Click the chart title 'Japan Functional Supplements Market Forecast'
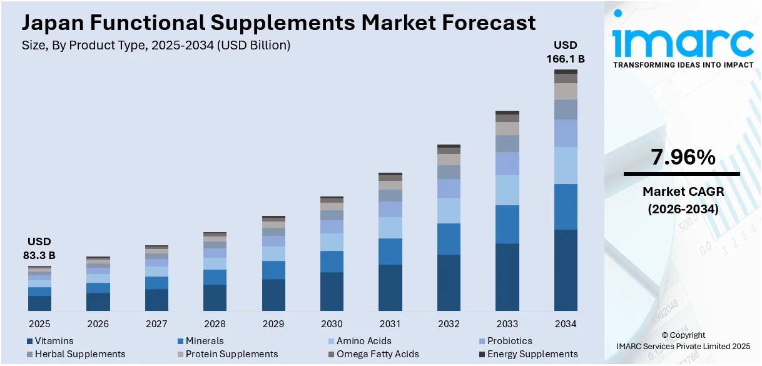tap(278, 23)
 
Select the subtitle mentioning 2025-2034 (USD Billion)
tap(156, 45)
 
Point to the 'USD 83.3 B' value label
tap(41, 248)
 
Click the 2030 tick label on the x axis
tap(332, 324)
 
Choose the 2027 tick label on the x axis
tap(156, 324)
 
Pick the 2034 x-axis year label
tap(566, 324)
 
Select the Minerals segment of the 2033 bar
tap(507, 224)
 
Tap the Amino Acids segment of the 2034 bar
tap(566, 165)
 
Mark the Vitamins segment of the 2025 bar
tap(39, 303)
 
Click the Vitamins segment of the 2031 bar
tap(390, 288)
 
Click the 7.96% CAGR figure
tap(683, 158)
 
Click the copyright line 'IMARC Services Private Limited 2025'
tap(683, 346)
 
